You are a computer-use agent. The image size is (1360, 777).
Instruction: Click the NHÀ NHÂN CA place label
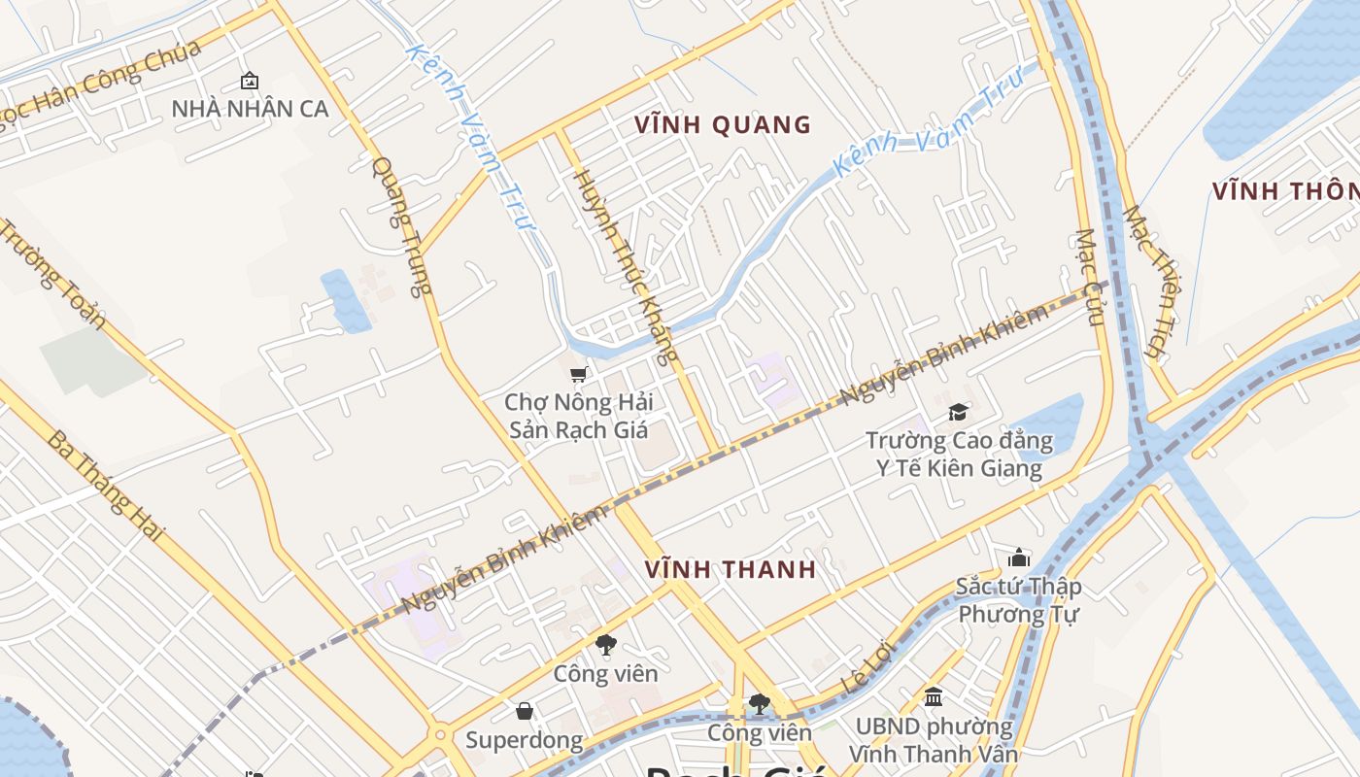250,109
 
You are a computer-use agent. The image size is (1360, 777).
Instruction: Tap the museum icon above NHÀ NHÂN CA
250,81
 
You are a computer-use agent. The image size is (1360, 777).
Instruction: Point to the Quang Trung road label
400,226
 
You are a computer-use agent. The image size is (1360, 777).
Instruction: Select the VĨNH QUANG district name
723,124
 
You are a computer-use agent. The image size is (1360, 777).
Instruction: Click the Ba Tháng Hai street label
105,486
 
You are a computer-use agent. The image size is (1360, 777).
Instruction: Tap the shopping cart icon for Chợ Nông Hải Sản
578,374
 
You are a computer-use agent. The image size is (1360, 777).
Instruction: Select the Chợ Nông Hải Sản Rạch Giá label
578,416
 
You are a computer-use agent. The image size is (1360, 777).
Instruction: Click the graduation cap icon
958,412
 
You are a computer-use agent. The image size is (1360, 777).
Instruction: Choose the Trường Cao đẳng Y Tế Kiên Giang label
959,455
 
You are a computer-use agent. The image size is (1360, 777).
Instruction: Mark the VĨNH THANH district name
731,570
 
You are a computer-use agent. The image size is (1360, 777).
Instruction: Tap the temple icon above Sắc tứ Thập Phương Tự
1018,557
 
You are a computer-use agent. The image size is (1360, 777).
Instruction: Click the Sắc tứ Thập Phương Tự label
1018,600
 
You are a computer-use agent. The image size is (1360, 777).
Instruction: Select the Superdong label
524,740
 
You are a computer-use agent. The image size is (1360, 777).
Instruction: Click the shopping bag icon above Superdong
525,711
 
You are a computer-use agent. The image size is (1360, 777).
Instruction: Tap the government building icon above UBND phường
934,696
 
